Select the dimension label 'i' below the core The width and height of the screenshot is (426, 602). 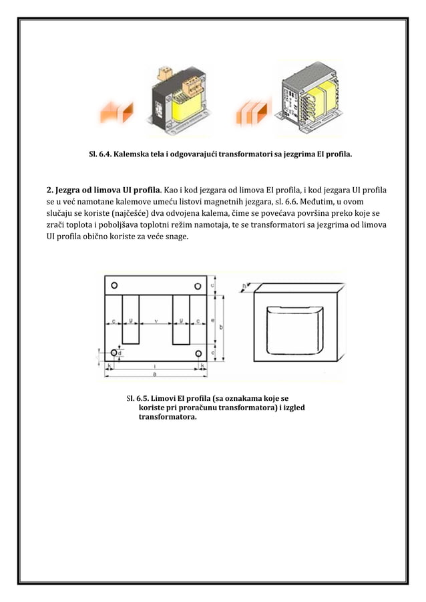tap(155, 366)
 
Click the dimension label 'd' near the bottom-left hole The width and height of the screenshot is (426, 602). tap(120, 354)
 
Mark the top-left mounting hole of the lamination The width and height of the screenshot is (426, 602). tap(115, 285)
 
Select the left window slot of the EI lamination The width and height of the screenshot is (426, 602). tap(131, 317)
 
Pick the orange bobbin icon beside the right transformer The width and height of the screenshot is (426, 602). tap(254, 114)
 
